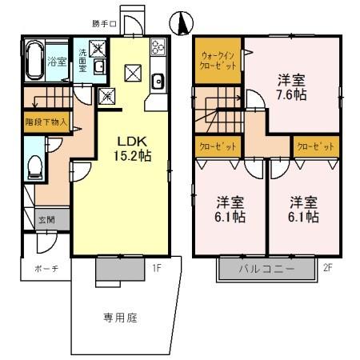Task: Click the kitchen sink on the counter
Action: (x=158, y=80)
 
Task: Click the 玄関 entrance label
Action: (x=46, y=218)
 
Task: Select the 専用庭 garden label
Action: (x=120, y=318)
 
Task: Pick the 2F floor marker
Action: (x=327, y=269)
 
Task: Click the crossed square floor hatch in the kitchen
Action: (x=133, y=74)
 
